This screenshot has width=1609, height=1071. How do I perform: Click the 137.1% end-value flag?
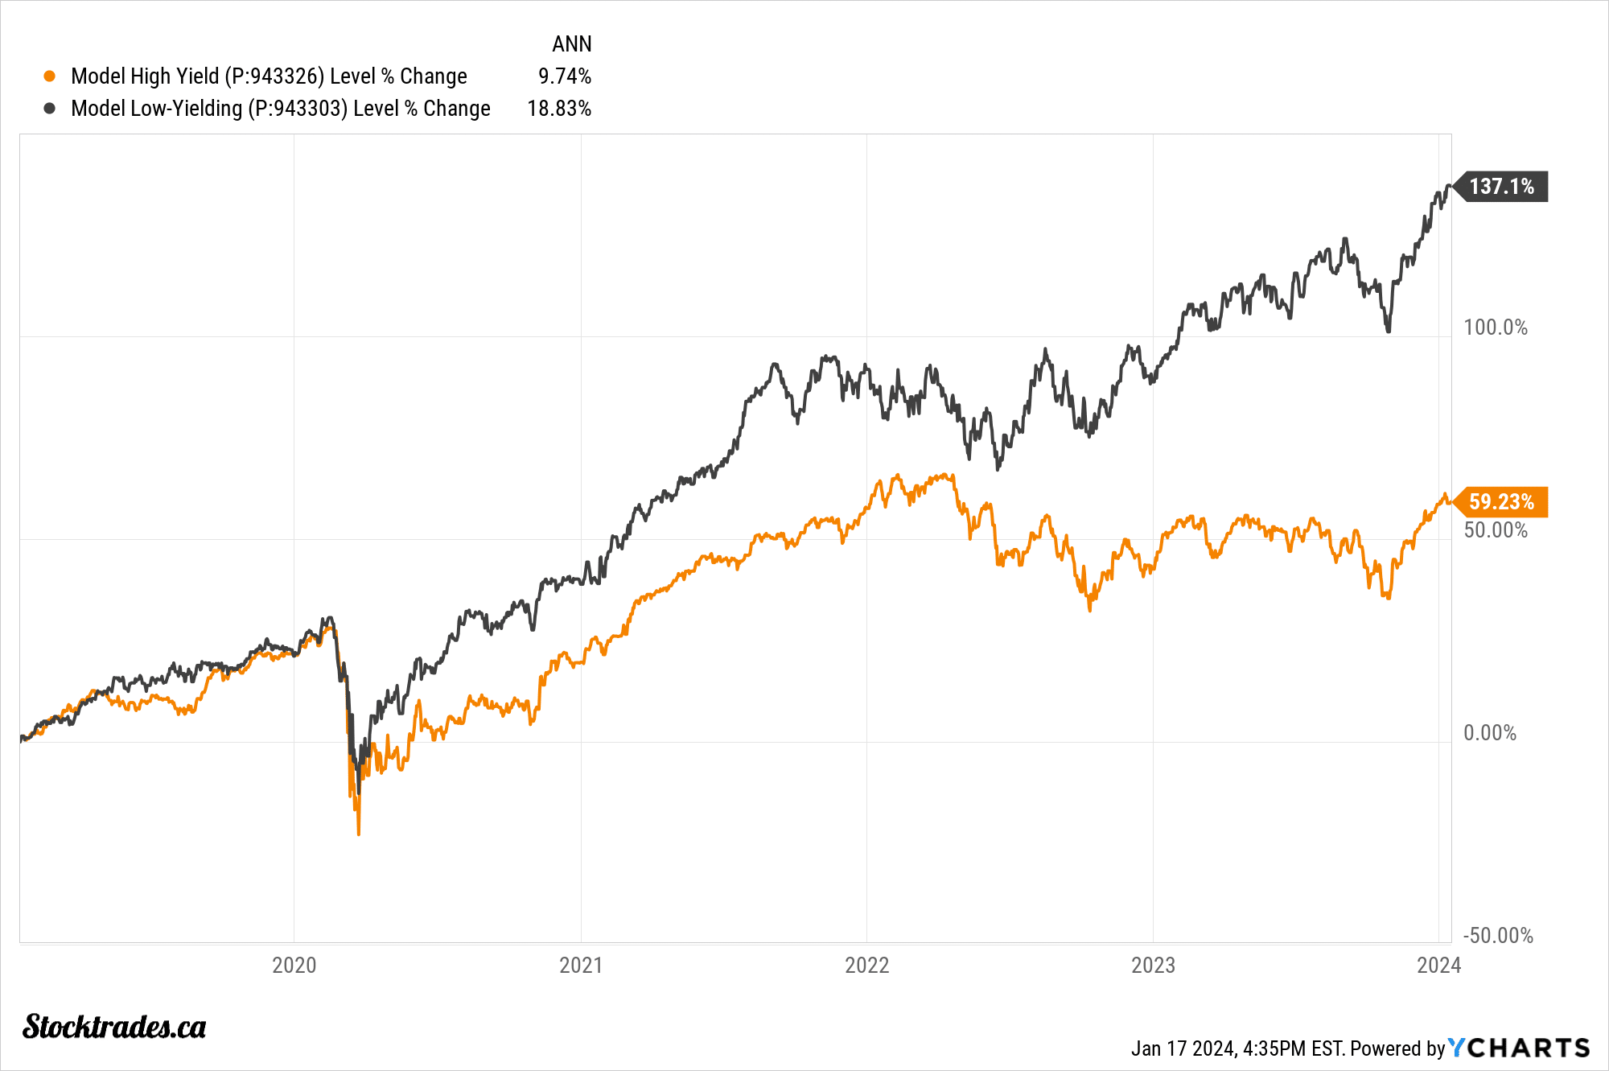click(1501, 187)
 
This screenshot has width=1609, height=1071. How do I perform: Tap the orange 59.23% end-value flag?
click(1501, 502)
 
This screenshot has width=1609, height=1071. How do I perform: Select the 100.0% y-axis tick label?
click(1495, 327)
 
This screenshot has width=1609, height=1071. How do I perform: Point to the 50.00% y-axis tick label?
click(1495, 530)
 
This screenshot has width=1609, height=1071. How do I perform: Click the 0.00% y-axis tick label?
click(1489, 733)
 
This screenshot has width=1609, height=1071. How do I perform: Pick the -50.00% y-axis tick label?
click(1497, 936)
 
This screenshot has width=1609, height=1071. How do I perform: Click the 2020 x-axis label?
click(294, 966)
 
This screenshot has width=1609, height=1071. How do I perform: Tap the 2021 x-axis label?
click(580, 966)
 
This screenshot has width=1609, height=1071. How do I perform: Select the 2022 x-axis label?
click(866, 966)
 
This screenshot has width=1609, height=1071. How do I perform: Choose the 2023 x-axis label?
click(1153, 966)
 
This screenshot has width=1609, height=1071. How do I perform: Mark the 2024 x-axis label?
click(1438, 966)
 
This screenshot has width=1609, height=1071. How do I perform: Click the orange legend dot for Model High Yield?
click(50, 76)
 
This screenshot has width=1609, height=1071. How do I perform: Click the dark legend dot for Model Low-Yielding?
click(50, 109)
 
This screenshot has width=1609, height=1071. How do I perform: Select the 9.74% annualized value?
click(565, 76)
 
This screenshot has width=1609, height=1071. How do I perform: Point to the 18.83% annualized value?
click(559, 109)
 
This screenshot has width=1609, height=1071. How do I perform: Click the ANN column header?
click(571, 44)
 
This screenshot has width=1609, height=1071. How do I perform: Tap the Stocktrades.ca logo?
click(114, 1028)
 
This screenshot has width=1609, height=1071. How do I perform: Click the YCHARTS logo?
click(1519, 1048)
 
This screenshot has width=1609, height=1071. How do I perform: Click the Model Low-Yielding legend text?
click(280, 109)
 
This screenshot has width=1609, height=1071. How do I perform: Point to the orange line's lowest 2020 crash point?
click(358, 834)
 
